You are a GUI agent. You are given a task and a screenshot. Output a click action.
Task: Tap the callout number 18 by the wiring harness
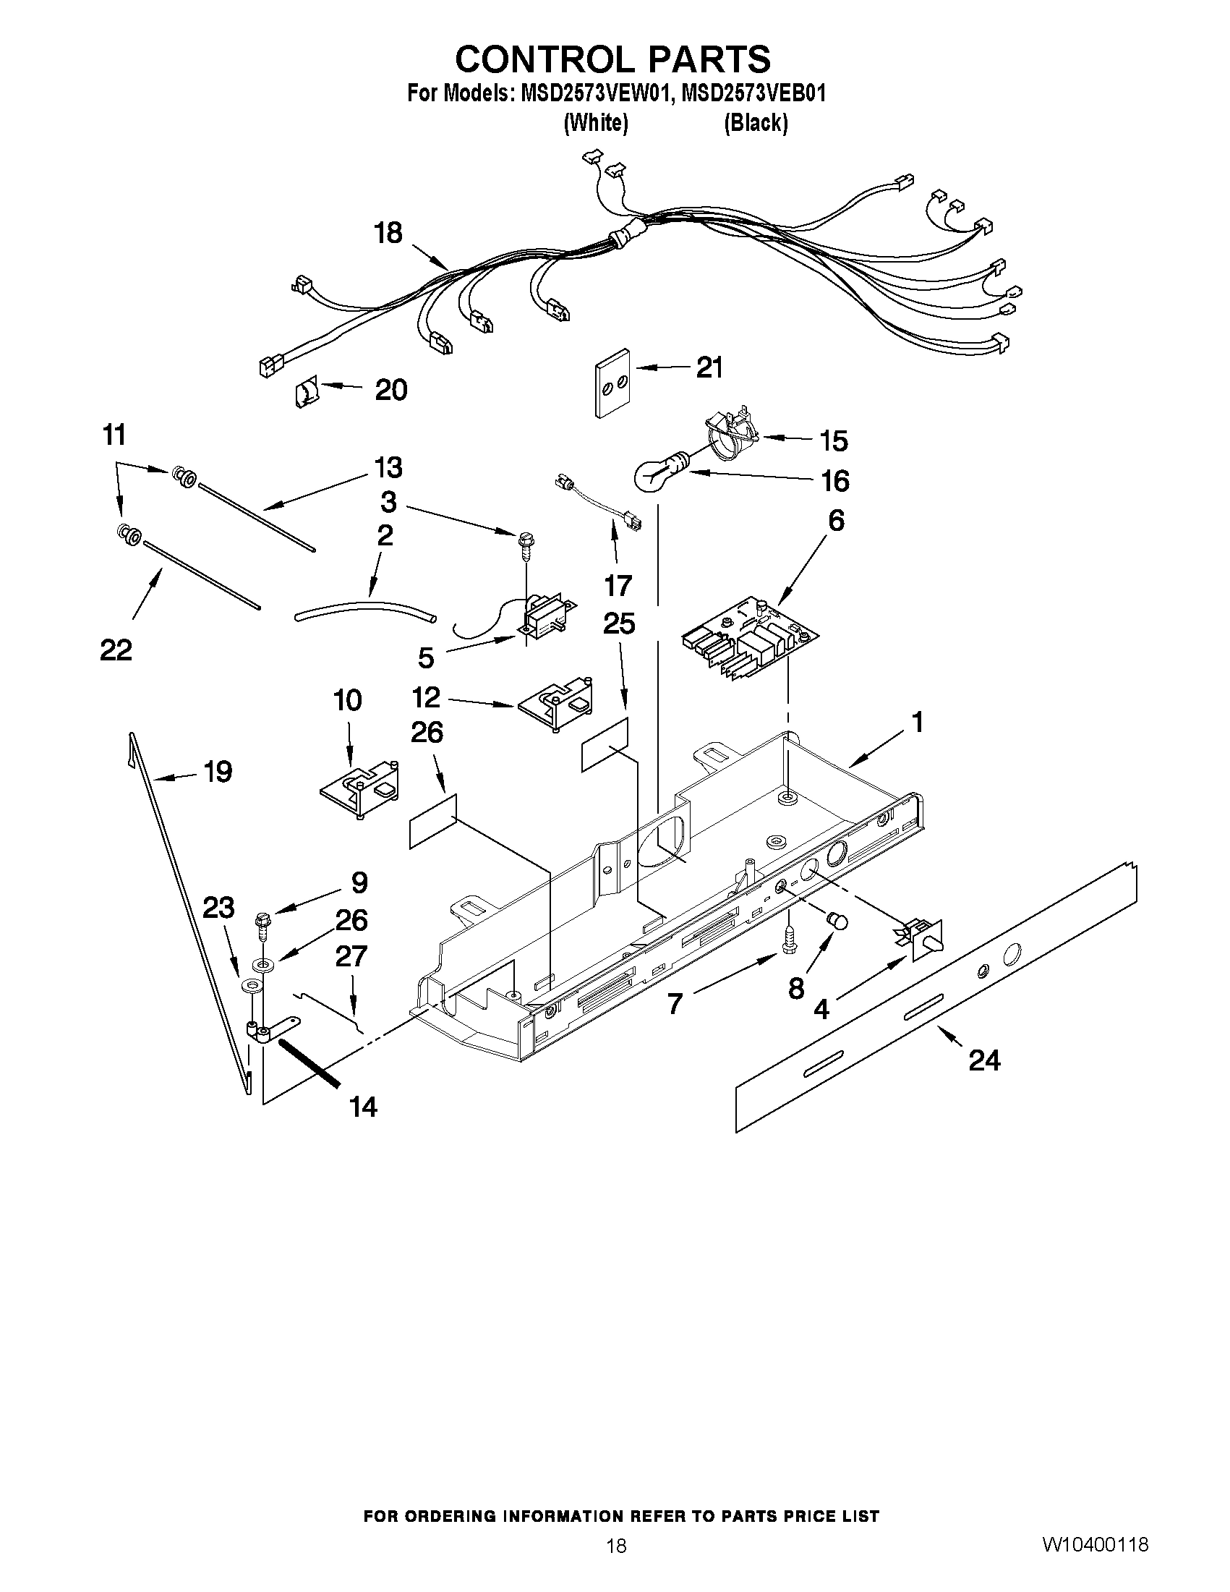point(388,233)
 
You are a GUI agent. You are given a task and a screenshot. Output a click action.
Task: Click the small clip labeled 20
point(305,393)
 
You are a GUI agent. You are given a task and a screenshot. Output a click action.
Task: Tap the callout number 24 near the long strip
point(983,1060)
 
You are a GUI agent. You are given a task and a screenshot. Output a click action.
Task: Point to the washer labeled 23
point(252,988)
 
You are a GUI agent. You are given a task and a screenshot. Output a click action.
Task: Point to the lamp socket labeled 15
point(731,436)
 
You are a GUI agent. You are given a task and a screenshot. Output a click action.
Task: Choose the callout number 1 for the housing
point(918,723)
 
